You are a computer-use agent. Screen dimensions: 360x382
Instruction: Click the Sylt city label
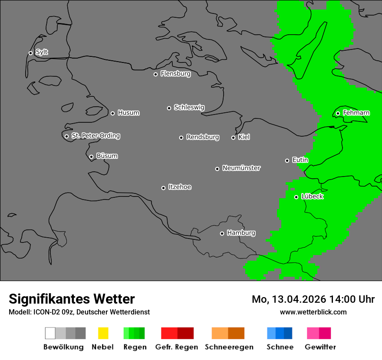click(x=42, y=52)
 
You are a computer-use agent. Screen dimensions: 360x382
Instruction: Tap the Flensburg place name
click(x=175, y=74)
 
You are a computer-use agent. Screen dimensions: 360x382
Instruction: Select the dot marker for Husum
click(x=112, y=113)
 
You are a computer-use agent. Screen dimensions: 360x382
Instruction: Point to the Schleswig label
click(x=189, y=107)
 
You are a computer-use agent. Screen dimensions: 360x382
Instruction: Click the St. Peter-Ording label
click(x=95, y=136)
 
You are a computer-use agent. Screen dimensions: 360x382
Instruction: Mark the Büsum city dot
click(x=91, y=157)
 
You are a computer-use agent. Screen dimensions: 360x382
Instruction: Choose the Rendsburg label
click(x=203, y=137)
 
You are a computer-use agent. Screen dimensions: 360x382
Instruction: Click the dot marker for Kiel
click(x=233, y=137)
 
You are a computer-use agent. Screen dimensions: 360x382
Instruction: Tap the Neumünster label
click(x=241, y=168)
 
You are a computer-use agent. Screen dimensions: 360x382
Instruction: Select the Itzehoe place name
click(x=180, y=187)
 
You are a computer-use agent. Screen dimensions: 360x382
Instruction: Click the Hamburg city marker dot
click(x=222, y=233)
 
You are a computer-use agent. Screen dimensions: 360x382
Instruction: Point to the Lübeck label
click(x=312, y=196)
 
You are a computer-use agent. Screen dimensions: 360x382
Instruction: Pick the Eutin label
click(x=300, y=160)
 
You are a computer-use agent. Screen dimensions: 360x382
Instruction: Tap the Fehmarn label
click(x=356, y=113)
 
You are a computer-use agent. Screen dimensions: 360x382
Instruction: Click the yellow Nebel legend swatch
click(x=103, y=333)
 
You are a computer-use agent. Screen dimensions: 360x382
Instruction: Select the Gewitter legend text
click(x=320, y=347)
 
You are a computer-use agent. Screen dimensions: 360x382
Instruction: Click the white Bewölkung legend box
click(x=50, y=333)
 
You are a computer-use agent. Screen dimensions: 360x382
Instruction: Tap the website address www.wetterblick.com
click(x=313, y=312)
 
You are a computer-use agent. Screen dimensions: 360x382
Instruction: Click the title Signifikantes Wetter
click(x=72, y=299)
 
